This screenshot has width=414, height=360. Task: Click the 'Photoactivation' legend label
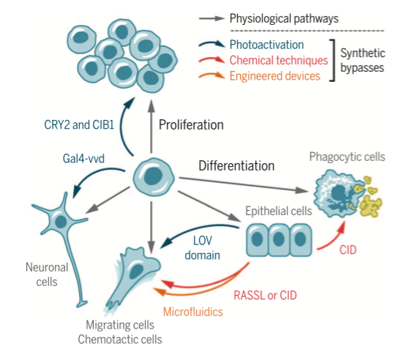(x=267, y=45)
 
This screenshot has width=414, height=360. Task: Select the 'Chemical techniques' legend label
(x=279, y=61)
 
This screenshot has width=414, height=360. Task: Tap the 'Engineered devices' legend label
(x=275, y=76)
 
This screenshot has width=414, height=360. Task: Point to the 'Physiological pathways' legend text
(x=284, y=19)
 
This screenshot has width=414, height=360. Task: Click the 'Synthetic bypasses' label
(x=363, y=61)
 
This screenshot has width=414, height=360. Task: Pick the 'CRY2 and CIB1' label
(x=79, y=125)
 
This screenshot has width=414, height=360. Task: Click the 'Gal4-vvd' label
(x=83, y=159)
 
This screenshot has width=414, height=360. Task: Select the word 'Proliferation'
(x=191, y=125)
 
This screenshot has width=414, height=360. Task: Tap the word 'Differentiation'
(x=236, y=166)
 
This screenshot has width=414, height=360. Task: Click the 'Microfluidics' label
(x=193, y=312)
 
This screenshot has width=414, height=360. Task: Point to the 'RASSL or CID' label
(x=265, y=296)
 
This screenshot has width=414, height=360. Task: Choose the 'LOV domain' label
(x=203, y=248)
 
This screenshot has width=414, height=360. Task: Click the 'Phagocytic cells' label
(x=347, y=157)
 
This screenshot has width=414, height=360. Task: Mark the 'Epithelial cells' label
(x=279, y=211)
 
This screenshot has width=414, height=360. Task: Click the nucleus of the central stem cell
(x=153, y=176)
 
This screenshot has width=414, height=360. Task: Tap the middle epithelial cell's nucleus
(x=279, y=239)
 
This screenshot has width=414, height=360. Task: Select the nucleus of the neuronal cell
(x=61, y=221)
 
